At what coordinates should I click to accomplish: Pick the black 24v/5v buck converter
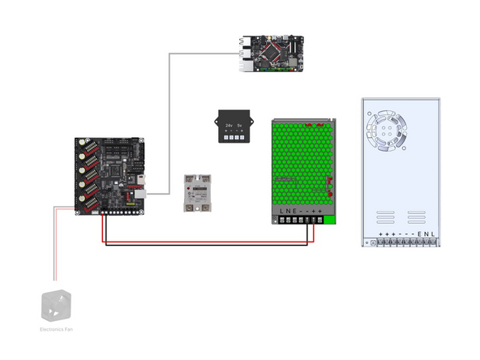(234, 129)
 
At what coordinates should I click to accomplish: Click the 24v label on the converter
(229, 126)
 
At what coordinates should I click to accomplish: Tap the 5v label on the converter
(240, 126)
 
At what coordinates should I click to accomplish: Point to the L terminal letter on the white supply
(433, 234)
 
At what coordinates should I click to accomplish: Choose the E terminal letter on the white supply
(419, 234)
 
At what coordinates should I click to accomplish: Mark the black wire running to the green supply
(203, 243)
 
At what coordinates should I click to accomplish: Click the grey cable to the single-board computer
(169, 122)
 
